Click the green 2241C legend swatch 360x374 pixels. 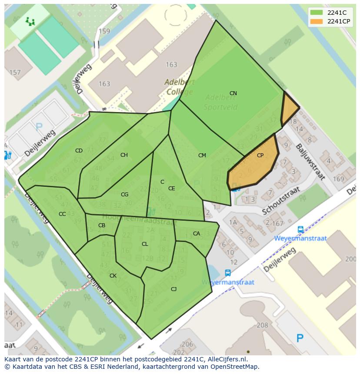coord(317,13)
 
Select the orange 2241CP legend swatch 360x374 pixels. coord(317,21)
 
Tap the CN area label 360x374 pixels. coord(233,93)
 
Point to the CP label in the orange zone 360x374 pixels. coord(260,156)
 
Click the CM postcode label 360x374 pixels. coord(202,156)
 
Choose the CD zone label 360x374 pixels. coord(79,151)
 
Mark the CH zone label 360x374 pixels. coord(124,155)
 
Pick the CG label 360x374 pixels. coord(124,195)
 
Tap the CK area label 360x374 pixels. coord(113,276)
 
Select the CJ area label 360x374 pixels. coord(173,289)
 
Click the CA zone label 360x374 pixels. coord(197,234)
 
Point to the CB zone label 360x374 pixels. coord(102,225)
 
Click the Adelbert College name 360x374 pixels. coord(180,87)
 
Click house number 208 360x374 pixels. coord(263,325)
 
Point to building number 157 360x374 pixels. coord(15,73)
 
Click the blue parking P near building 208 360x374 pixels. coord(300,338)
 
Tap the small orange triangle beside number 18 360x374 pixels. coord(290,109)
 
